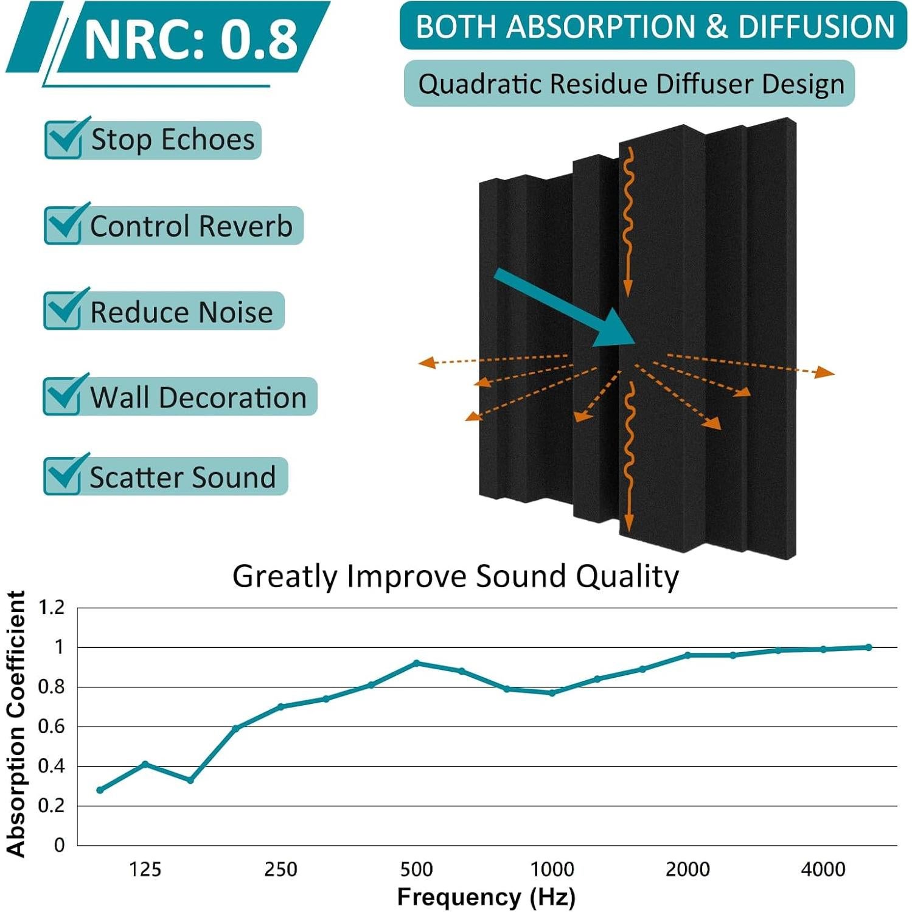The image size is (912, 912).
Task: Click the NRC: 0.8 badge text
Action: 190,39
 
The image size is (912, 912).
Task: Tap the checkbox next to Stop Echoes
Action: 63,139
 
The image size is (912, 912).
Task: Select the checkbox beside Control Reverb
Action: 63,225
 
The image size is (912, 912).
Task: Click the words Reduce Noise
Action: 181,312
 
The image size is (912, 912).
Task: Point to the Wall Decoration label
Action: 198,397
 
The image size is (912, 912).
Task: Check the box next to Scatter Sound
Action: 63,476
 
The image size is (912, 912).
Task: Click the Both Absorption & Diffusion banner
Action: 654,27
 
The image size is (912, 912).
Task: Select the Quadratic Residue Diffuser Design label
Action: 630,84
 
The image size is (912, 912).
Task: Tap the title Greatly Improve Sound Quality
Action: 455,576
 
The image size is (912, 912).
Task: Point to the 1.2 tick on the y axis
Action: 52,607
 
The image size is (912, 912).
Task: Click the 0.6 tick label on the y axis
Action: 52,726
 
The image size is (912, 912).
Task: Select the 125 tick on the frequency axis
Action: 145,869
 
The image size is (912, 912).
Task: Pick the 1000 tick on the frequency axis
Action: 552,869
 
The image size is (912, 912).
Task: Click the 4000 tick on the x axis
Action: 823,869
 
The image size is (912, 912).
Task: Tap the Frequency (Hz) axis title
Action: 486,897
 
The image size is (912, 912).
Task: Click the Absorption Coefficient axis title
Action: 16,724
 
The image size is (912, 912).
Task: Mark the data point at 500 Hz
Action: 416,663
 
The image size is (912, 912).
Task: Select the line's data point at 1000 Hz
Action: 552,693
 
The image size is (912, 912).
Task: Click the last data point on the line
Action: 869,647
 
